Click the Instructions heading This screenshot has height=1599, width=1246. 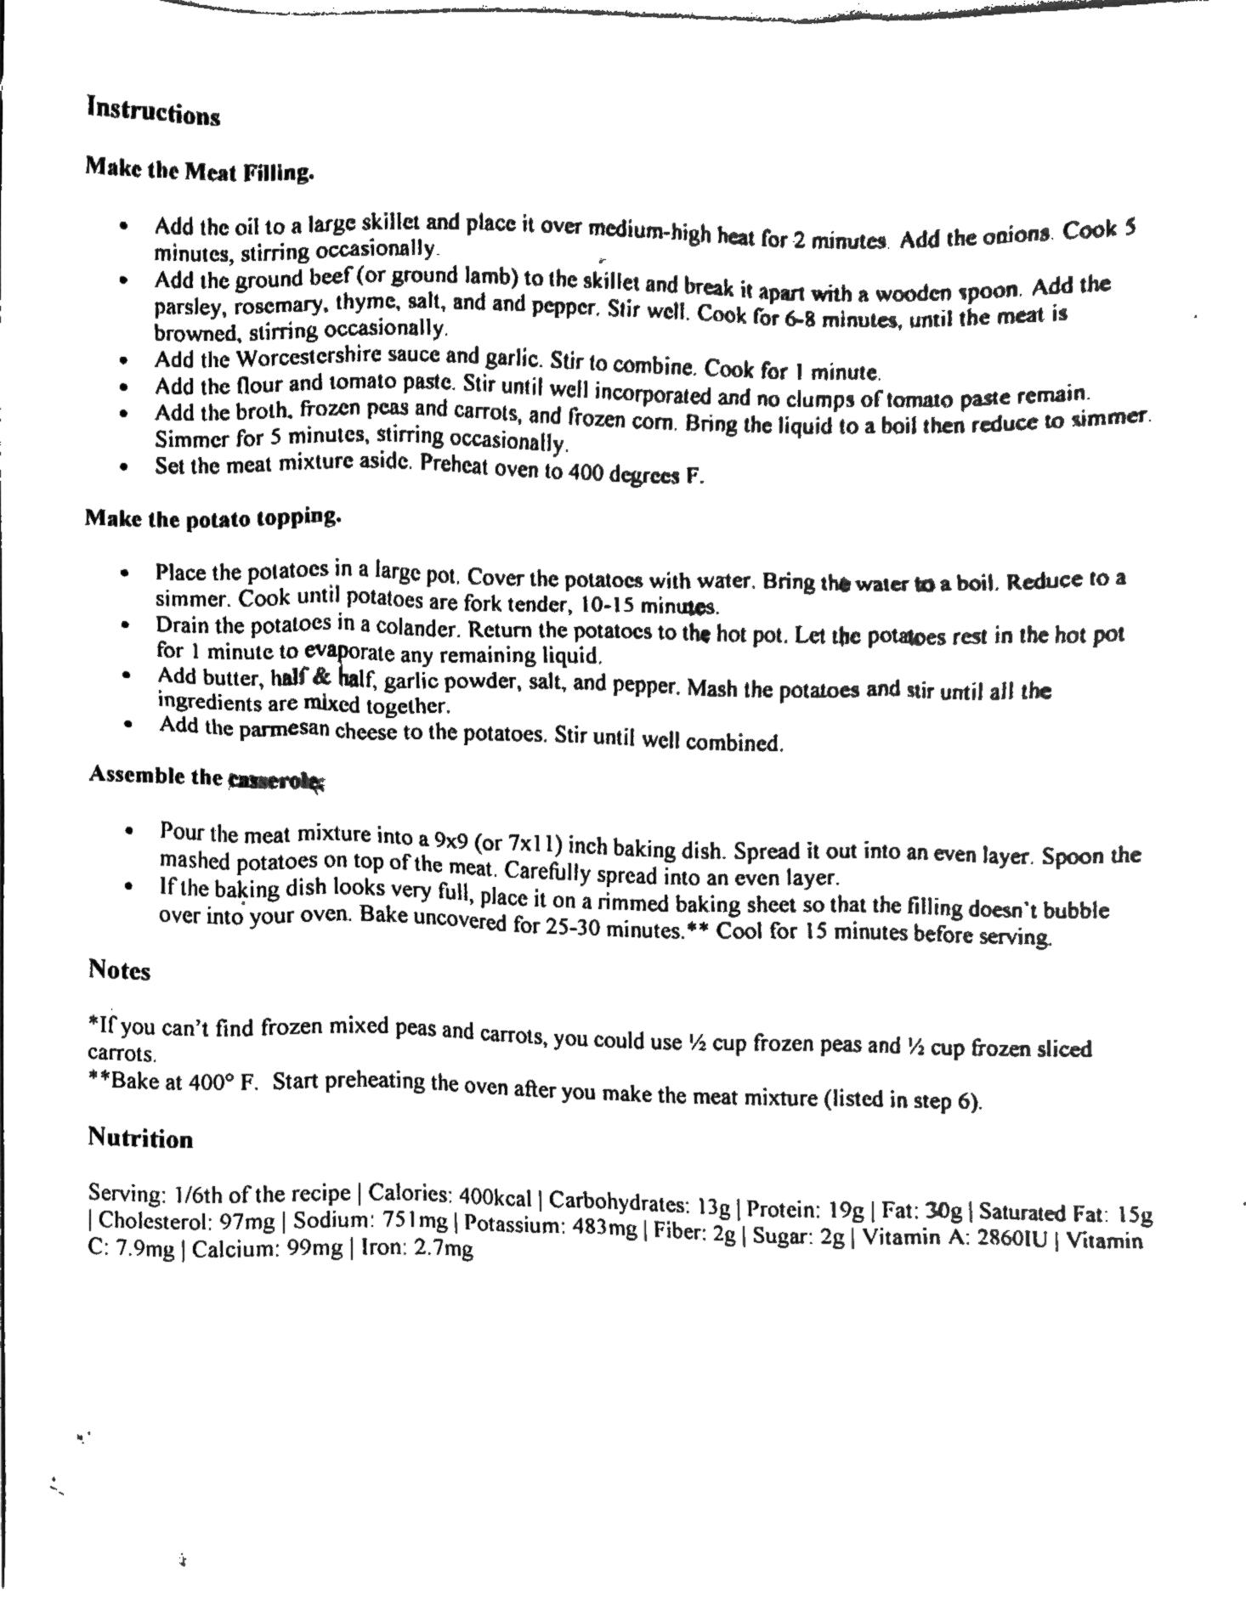coord(154,111)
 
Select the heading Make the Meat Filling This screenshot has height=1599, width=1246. coord(200,170)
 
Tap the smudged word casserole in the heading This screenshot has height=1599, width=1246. coord(275,779)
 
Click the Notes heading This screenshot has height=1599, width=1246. coord(119,970)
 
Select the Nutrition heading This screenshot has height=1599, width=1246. coord(140,1139)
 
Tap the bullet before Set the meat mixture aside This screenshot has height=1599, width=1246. coord(125,466)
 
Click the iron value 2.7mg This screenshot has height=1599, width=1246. coord(443,1248)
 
